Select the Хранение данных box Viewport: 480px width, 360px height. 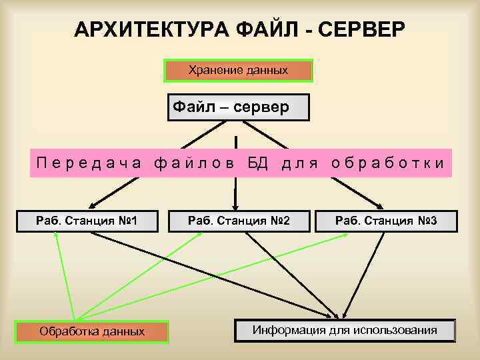(238, 70)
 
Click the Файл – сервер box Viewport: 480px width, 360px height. (238, 107)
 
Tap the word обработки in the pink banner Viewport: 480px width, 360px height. (387, 163)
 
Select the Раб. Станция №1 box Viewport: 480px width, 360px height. (87, 221)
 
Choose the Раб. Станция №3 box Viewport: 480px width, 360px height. (387, 221)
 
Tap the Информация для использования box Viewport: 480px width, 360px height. (345, 330)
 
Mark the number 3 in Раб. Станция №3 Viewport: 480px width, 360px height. (433, 221)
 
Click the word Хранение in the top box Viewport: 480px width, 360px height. (211, 70)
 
